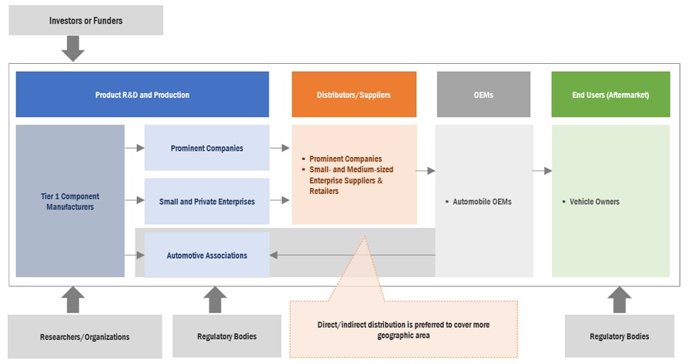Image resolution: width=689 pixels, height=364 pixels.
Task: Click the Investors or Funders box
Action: [x=85, y=19]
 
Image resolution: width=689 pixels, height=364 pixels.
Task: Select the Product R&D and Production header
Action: [x=142, y=95]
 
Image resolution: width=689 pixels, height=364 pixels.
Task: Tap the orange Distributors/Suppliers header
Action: [x=353, y=95]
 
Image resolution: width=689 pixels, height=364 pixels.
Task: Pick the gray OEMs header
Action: [x=483, y=95]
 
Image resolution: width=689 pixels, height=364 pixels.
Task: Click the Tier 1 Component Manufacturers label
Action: [x=70, y=202]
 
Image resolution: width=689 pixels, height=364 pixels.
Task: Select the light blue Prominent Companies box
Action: [x=207, y=148]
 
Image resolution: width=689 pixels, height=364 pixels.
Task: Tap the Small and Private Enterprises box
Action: [x=207, y=202]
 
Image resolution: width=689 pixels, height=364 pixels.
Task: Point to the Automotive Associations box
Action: [x=207, y=255]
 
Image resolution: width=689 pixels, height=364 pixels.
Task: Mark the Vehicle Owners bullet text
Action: [x=594, y=202]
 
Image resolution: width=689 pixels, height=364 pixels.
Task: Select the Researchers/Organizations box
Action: [x=85, y=336]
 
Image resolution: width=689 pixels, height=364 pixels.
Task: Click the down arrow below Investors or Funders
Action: [x=73, y=48]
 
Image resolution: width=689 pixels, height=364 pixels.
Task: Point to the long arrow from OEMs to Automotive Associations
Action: [x=352, y=255]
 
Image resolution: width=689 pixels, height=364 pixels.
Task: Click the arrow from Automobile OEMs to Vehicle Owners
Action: [x=542, y=170]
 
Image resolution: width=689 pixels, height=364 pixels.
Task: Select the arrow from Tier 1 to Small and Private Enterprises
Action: [x=135, y=200]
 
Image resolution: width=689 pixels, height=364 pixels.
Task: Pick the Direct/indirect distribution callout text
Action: [x=403, y=329]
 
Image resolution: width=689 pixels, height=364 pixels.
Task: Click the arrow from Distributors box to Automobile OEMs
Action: [x=426, y=170]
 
